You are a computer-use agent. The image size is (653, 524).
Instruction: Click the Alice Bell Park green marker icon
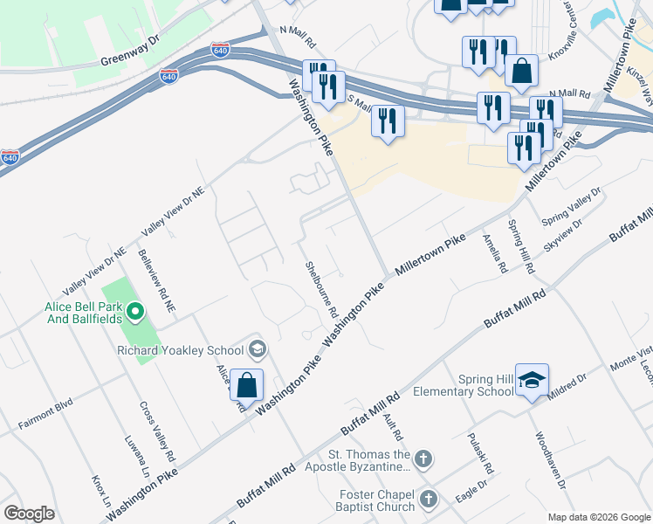coord(134,310)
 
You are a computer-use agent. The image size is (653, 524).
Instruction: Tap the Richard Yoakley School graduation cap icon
coord(257,350)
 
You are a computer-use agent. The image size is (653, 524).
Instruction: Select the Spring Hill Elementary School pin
coord(532,382)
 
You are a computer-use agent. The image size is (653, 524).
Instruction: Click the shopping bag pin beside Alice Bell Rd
coord(247,385)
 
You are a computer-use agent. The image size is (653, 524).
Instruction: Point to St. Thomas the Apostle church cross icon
coord(423,459)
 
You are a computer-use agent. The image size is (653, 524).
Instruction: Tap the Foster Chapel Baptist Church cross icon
coord(428,499)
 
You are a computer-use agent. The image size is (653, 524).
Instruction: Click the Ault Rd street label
coord(392,422)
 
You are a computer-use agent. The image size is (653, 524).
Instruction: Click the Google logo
coord(29,514)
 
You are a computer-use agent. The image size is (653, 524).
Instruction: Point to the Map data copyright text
coord(598,516)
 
